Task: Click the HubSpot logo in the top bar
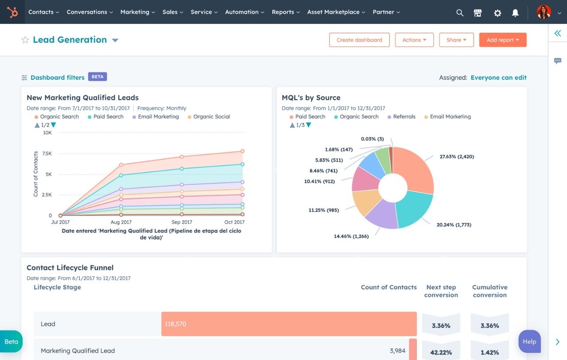(x=12, y=12)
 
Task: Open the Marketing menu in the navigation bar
(x=137, y=12)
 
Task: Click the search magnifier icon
(x=460, y=13)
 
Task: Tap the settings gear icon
(x=497, y=13)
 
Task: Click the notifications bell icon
(x=515, y=13)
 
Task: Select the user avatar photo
(x=544, y=12)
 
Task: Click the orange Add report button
(x=502, y=40)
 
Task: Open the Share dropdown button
(x=456, y=40)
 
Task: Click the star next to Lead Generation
(x=25, y=40)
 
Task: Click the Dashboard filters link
(x=57, y=77)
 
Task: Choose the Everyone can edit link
(x=498, y=77)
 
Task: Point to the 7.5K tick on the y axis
(x=47, y=153)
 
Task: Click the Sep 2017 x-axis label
(x=182, y=222)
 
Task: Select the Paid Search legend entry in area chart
(x=108, y=117)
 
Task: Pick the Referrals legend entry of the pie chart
(x=404, y=117)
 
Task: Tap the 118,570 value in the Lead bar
(x=175, y=324)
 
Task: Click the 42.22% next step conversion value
(x=441, y=352)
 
